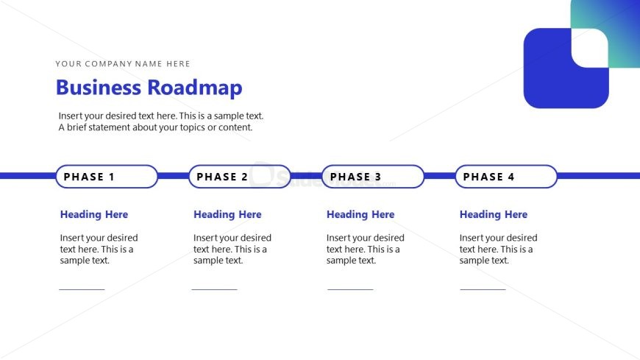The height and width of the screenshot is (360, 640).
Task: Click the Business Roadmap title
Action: click(x=149, y=88)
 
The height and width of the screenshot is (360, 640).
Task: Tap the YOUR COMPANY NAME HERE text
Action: click(x=123, y=64)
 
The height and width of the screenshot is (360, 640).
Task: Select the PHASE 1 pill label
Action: click(x=107, y=177)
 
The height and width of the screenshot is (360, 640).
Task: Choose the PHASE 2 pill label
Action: click(x=240, y=177)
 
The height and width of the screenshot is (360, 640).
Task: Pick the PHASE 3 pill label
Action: click(x=373, y=177)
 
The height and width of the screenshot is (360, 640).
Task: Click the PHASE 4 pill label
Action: click(x=506, y=177)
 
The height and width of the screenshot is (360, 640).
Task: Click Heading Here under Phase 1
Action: click(x=94, y=215)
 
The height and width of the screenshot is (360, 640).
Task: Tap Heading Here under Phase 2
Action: click(x=227, y=215)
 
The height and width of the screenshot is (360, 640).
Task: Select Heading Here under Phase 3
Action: click(x=360, y=215)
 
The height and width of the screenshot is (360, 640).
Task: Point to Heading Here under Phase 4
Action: click(x=494, y=215)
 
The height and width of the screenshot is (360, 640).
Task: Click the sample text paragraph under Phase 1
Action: click(x=99, y=249)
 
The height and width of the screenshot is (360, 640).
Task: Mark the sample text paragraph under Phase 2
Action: click(x=232, y=249)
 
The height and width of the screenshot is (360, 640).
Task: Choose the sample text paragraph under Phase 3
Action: click(x=365, y=249)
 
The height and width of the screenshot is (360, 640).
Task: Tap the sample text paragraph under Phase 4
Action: click(x=498, y=249)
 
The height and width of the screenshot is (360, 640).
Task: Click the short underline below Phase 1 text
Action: click(x=82, y=289)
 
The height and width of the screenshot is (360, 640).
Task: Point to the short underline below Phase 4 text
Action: click(x=483, y=289)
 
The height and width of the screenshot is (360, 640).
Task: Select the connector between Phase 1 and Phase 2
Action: click(x=173, y=176)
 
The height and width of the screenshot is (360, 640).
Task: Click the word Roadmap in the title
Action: click(x=194, y=88)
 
